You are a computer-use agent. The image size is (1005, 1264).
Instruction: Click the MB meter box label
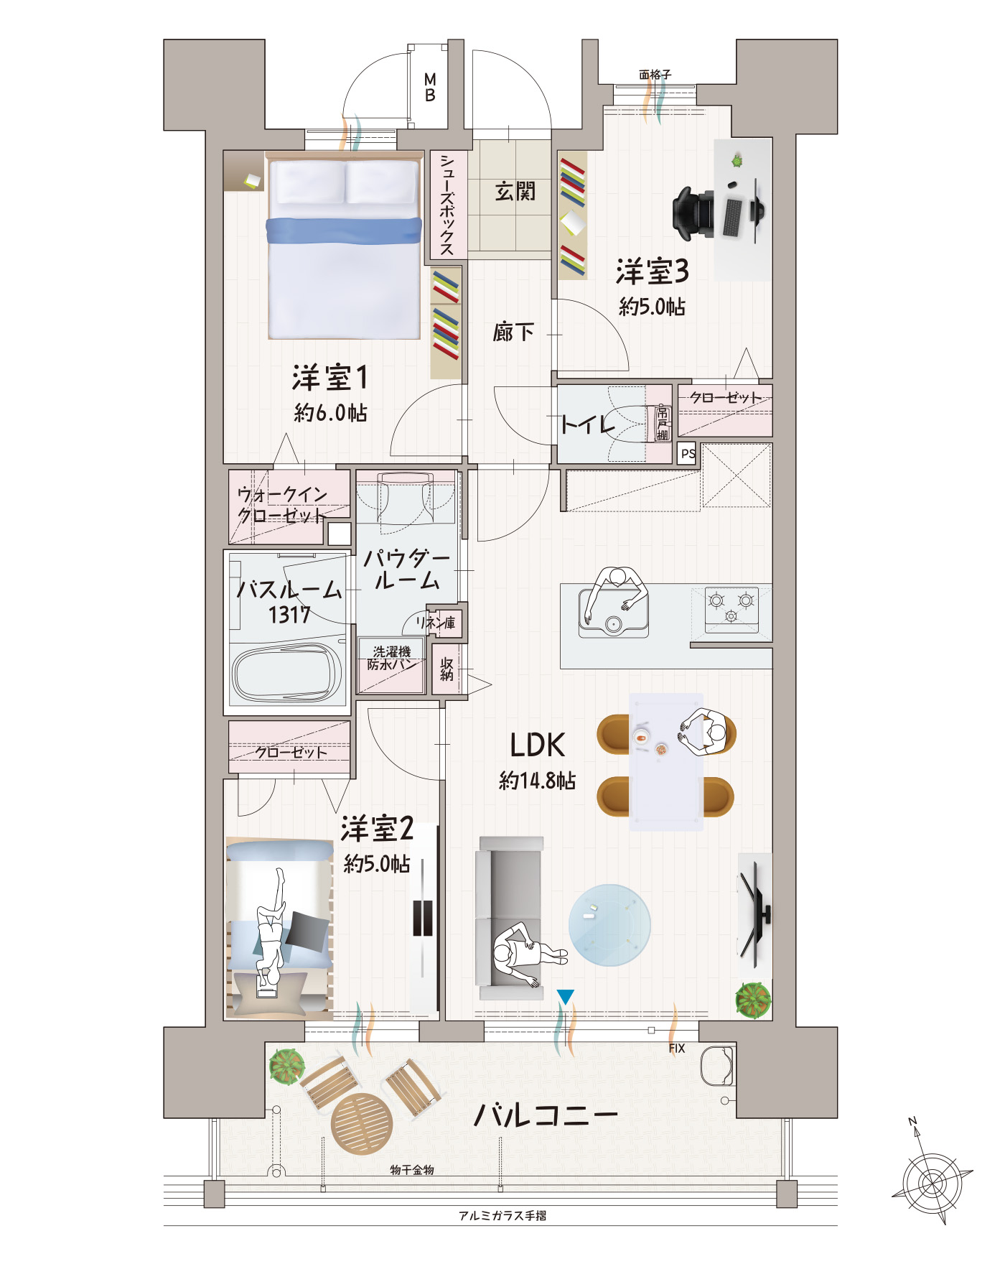(x=430, y=87)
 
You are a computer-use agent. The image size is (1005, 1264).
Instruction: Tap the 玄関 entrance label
(x=515, y=191)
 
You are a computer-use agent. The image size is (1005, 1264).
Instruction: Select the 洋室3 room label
(x=652, y=271)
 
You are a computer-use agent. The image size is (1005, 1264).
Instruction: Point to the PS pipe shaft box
(x=688, y=453)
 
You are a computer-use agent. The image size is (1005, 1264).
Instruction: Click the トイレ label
(x=588, y=424)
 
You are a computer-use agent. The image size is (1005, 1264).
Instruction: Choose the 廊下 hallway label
(x=513, y=332)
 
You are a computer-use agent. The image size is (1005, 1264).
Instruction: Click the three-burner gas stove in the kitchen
(x=732, y=610)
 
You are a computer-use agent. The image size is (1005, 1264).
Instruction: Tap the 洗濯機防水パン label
(x=392, y=658)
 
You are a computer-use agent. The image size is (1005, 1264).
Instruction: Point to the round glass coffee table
(x=609, y=925)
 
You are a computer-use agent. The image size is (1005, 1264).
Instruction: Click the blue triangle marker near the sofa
(x=566, y=996)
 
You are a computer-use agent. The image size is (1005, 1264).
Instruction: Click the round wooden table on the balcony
(x=363, y=1123)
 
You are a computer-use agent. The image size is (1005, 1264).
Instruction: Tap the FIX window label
(x=677, y=1049)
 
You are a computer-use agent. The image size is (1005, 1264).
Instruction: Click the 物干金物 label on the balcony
(x=412, y=1170)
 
